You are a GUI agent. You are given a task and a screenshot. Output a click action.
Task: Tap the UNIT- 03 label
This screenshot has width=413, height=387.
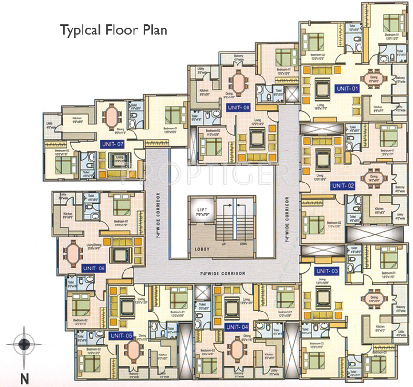tap(328, 271)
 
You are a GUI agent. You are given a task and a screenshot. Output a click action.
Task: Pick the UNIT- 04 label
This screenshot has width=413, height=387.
tap(237, 327)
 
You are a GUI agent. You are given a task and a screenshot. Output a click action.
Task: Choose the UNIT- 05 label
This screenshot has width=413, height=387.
tap(121, 336)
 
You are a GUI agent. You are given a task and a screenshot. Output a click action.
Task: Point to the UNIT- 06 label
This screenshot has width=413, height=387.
tap(93, 269)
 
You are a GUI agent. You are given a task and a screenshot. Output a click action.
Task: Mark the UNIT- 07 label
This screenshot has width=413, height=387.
tap(113, 143)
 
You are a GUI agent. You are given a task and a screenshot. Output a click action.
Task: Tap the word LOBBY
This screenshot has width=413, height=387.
tap(202, 249)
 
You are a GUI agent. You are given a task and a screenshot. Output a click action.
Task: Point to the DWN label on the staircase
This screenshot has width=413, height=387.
tap(244, 244)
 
